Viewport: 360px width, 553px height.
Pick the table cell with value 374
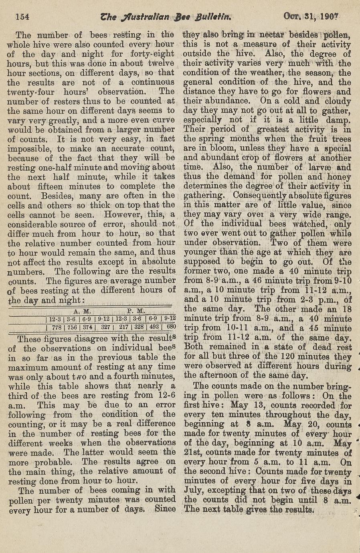89,327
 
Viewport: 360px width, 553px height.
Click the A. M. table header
83,311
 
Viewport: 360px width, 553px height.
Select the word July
193,490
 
